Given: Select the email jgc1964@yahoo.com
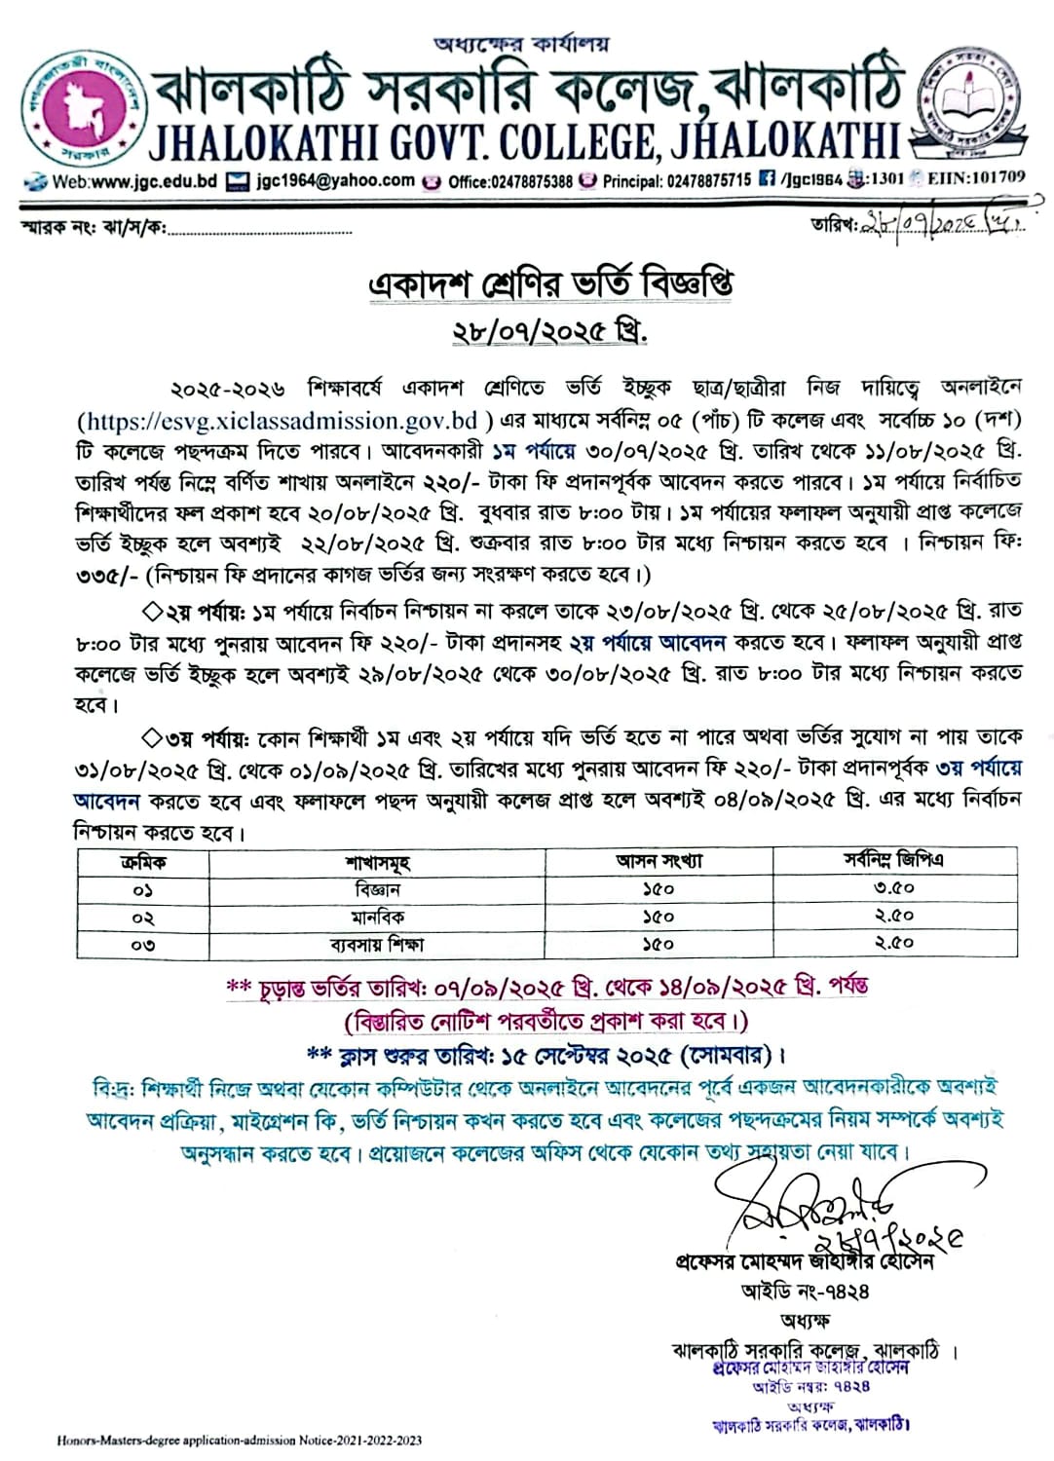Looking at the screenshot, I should click(x=336, y=180).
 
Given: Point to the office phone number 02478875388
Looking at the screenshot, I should click(x=509, y=181).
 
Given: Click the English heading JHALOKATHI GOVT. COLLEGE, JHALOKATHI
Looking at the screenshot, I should click(x=524, y=142).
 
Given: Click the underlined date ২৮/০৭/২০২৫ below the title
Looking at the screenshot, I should click(x=549, y=331).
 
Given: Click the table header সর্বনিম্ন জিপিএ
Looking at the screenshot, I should click(x=893, y=861).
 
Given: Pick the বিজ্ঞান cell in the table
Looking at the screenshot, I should click(x=377, y=889).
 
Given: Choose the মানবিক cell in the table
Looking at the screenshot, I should click(x=377, y=917).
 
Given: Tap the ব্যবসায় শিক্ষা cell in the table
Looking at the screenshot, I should click(x=377, y=944).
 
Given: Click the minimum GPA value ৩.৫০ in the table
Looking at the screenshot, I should click(x=893, y=888).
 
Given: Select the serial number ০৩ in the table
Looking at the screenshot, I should click(x=143, y=944).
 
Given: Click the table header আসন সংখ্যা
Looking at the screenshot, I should click(x=659, y=861).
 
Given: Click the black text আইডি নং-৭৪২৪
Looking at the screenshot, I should click(x=805, y=1292).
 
